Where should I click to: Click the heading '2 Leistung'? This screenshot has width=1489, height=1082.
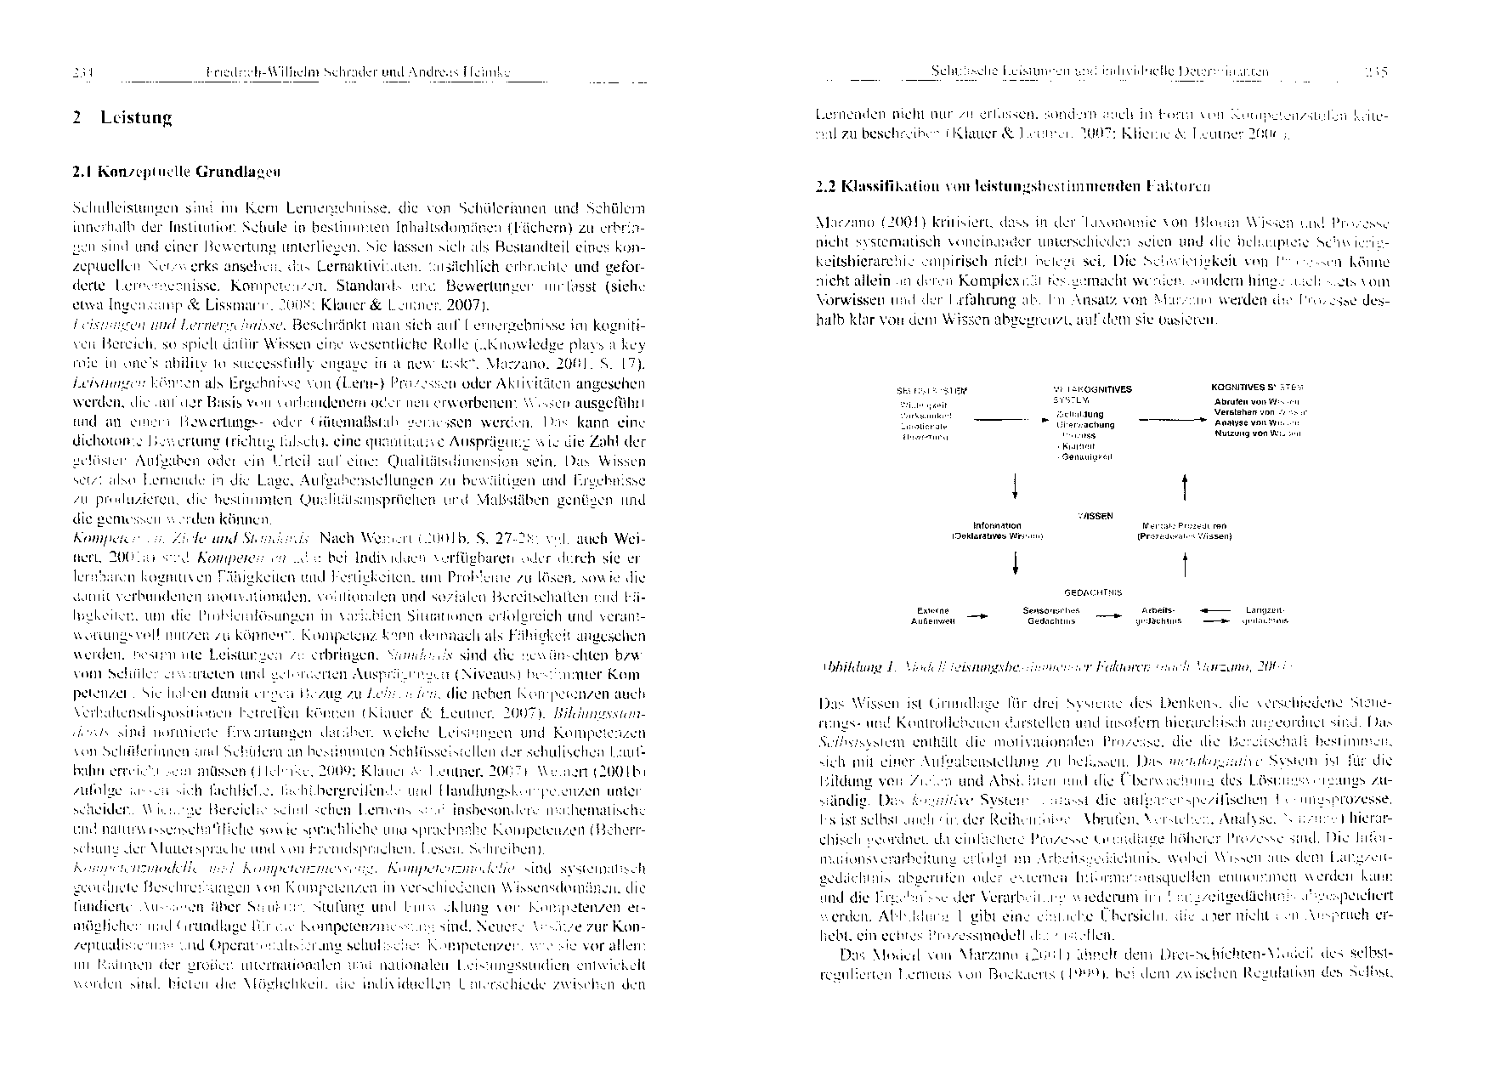122,118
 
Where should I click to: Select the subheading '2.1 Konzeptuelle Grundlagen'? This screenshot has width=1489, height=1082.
177,171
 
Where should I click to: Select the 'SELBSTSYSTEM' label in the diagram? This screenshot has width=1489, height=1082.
931,390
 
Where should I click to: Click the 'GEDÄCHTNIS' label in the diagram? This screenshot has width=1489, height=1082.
1092,592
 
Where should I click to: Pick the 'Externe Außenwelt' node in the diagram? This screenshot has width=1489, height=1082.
934,615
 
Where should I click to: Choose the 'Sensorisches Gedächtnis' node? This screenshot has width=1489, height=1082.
1051,615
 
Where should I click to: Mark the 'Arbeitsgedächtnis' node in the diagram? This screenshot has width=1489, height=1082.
1158,615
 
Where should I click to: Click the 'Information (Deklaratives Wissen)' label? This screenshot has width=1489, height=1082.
997,531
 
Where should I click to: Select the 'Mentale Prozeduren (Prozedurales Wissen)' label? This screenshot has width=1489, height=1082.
1184,531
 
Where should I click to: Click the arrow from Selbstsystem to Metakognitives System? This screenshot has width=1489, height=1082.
1008,419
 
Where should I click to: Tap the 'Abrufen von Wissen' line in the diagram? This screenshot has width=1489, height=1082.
1258,400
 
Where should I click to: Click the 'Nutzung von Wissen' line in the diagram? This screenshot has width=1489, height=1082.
1258,433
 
